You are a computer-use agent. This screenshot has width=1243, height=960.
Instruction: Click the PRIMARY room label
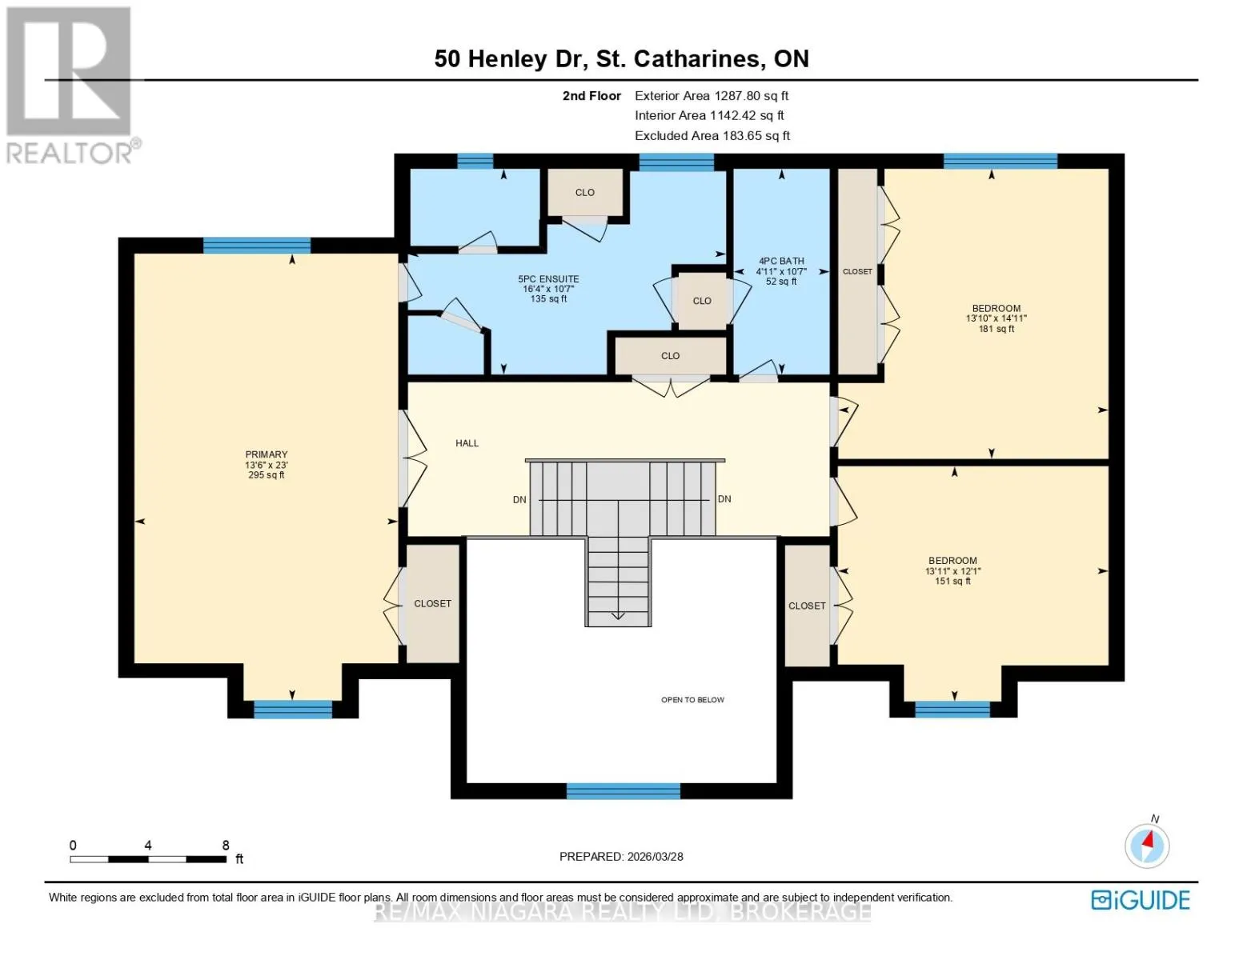point(266,454)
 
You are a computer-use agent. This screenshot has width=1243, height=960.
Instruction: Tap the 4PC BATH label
point(781,262)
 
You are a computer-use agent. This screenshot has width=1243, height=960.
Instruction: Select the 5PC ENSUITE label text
point(548,279)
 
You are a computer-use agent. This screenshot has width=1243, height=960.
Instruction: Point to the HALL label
point(467,443)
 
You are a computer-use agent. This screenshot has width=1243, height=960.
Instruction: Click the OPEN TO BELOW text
point(692,700)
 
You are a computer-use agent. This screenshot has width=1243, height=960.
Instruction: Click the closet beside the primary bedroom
point(432,604)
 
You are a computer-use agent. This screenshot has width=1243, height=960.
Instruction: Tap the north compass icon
point(1147,845)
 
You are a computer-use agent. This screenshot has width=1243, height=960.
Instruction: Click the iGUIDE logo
point(1140,900)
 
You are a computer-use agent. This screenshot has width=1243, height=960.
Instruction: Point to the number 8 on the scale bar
point(226,845)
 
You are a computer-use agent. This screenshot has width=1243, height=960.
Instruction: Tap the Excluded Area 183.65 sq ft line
point(712,135)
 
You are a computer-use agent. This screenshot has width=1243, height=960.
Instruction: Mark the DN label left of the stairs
point(519,500)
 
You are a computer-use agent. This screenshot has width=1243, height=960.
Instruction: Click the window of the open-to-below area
point(624,790)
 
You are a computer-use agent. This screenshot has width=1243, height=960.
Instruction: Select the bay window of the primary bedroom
point(292,710)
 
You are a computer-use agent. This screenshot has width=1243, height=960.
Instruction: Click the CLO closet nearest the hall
point(671,356)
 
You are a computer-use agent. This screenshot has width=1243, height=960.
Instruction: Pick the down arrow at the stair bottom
point(618,616)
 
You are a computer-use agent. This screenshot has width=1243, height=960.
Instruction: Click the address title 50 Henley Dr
point(511,58)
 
